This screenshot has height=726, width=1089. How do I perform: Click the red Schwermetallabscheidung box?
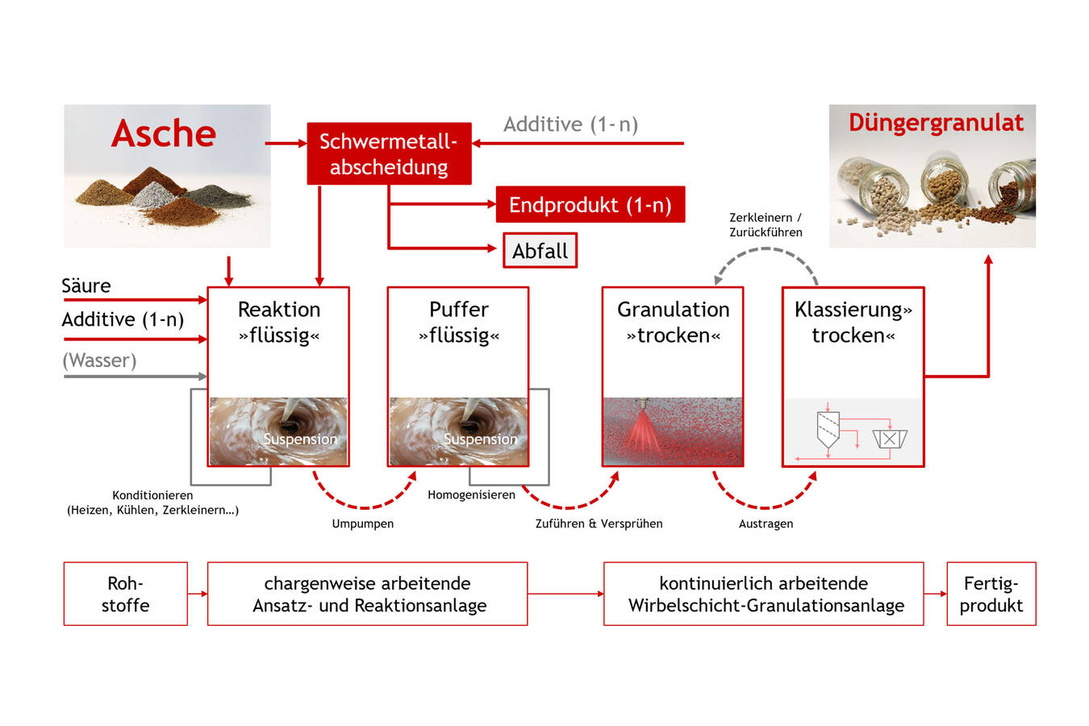tap(389, 154)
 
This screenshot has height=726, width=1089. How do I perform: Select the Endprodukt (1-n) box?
tap(590, 205)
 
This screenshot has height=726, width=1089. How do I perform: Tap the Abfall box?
tap(540, 251)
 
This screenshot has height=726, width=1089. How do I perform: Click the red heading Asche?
tap(164, 133)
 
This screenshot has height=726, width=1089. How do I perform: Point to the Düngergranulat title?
tap(936, 123)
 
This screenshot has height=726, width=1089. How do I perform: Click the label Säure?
tap(86, 286)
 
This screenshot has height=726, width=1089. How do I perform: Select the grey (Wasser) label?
tap(99, 360)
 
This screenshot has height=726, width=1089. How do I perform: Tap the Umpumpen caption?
tap(363, 524)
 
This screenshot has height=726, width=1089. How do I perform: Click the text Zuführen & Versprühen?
tap(599, 524)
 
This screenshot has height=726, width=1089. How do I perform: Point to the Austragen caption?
tap(766, 524)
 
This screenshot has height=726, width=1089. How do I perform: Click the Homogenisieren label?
tap(471, 494)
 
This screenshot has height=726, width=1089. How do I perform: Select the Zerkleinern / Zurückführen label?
tap(766, 225)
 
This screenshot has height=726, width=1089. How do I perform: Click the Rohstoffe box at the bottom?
tap(125, 594)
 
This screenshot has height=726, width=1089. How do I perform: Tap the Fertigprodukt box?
tap(991, 594)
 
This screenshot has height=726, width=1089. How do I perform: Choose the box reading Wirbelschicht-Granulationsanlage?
tap(764, 594)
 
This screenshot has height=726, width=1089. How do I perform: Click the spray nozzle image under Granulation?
tap(673, 432)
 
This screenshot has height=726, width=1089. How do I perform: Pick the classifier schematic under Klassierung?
tap(853, 432)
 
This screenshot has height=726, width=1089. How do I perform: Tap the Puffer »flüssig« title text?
tap(458, 322)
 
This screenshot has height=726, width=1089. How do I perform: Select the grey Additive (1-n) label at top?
tap(570, 124)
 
